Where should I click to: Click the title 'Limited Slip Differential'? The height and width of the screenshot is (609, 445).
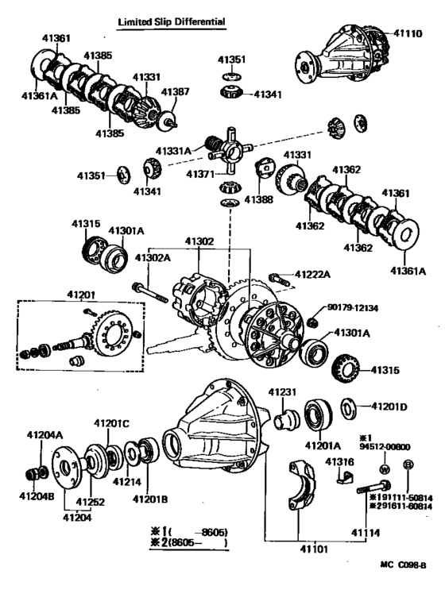pyautogui.click(x=171, y=22)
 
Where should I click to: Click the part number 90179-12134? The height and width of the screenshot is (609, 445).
pyautogui.click(x=354, y=307)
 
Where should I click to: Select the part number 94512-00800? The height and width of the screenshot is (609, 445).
pyautogui.click(x=385, y=446)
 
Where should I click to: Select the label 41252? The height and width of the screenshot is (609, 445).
pyautogui.click(x=90, y=502)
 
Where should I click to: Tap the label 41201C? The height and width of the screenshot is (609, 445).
pyautogui.click(x=111, y=422)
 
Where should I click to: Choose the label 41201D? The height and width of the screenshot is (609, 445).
pyautogui.click(x=389, y=407)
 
